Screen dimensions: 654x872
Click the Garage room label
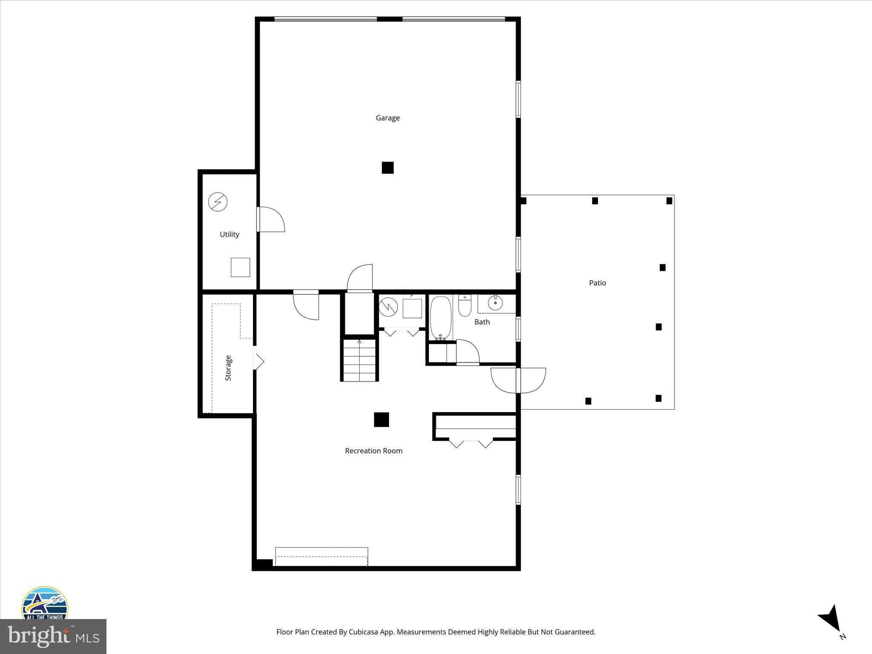click(x=387, y=118)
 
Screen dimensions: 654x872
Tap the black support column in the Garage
click(x=387, y=168)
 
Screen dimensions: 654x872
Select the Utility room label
click(x=229, y=234)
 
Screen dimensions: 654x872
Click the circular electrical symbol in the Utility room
click(x=218, y=202)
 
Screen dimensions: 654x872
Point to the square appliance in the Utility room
click(x=240, y=267)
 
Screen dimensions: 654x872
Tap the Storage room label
click(x=228, y=368)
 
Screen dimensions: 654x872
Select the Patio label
click(x=597, y=283)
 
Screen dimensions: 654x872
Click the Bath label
click(x=482, y=322)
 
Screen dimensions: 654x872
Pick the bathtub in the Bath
click(x=441, y=318)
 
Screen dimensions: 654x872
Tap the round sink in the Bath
click(x=495, y=303)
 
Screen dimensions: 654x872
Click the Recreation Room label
click(x=373, y=450)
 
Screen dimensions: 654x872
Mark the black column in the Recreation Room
click(x=381, y=419)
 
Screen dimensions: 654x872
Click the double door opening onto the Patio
click(x=518, y=380)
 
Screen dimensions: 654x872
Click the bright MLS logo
click(x=53, y=636)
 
